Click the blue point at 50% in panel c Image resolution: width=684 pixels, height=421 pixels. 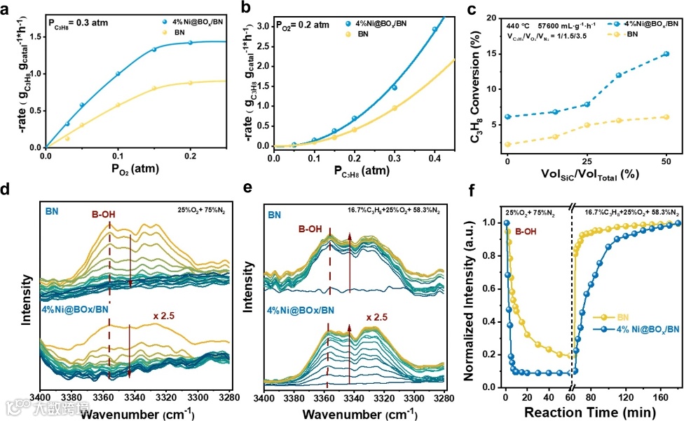(665, 54)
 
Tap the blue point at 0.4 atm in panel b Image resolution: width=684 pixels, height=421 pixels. (435, 29)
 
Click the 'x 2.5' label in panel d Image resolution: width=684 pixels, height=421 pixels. (165, 316)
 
